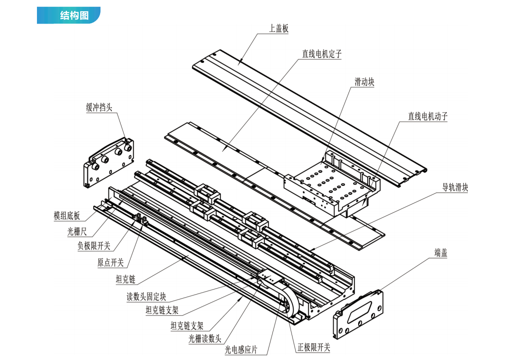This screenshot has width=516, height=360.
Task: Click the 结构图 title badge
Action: [69, 15]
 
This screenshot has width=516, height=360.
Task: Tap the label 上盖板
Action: [279, 29]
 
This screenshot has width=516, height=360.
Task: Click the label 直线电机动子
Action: [428, 116]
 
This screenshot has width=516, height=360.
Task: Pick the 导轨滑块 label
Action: [455, 188]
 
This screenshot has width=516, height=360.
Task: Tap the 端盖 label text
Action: [441, 253]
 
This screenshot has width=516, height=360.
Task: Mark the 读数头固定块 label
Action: [146, 297]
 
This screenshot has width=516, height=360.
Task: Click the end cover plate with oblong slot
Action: [358, 313]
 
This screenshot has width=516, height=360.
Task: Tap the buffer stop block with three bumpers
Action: [108, 163]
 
